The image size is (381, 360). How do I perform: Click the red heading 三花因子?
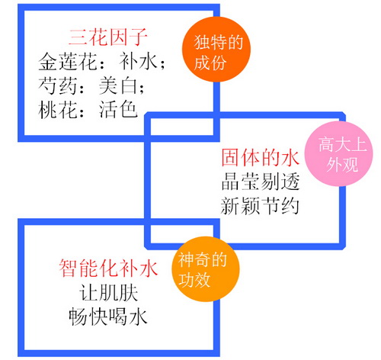pyautogui.click(x=107, y=37)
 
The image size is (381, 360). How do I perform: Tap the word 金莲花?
pyautogui.click(x=67, y=62)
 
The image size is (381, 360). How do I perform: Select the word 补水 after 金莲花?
pyautogui.click(x=138, y=62)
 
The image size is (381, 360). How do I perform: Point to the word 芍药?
pyautogui.click(x=57, y=85)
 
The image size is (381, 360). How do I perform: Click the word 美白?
pyautogui.click(x=118, y=85)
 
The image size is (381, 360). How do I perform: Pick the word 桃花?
pyautogui.click(x=57, y=110)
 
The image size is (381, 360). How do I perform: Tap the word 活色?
pyautogui.click(x=118, y=110)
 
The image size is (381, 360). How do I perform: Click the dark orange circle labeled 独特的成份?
pyautogui.click(x=216, y=50)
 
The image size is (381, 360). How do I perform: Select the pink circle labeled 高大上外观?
pyautogui.click(x=339, y=154)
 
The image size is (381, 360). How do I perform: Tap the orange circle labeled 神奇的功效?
pyautogui.click(x=206, y=269)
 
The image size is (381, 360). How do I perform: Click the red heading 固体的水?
pyautogui.click(x=260, y=158)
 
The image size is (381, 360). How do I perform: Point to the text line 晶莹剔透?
pyautogui.click(x=260, y=182)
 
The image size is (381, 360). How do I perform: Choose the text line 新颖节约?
pyautogui.click(x=260, y=206)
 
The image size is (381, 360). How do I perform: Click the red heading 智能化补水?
pyautogui.click(x=108, y=268)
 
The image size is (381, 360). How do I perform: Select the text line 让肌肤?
pyautogui.click(x=108, y=293)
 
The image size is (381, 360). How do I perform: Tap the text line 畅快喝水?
pyautogui.click(x=108, y=317)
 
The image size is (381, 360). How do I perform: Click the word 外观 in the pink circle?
pyautogui.click(x=342, y=165)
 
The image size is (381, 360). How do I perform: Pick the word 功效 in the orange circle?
pyautogui.click(x=194, y=280)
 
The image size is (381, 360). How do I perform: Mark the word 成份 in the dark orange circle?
pyautogui.click(x=210, y=63)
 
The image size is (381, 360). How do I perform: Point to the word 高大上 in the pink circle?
pyautogui.click(x=343, y=144)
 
